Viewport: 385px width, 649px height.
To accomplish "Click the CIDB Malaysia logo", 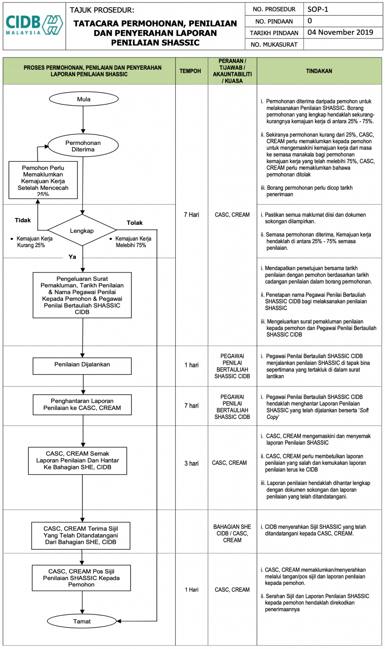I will [34, 26].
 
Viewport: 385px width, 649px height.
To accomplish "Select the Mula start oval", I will [83, 99].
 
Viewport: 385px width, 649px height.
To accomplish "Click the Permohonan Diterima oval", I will [83, 146].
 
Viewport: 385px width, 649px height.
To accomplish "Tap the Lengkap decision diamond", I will [82, 231].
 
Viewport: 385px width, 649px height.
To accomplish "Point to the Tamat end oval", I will [82, 621].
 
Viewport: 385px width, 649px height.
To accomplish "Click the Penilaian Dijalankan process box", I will [82, 365].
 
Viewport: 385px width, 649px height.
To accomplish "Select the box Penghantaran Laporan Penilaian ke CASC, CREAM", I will [82, 404].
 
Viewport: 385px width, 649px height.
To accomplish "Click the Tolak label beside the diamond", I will [134, 223].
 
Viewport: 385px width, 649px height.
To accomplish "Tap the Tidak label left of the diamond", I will [23, 220].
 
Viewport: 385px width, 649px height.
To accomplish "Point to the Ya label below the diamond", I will [72, 257].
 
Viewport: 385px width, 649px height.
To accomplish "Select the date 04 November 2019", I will [340, 33].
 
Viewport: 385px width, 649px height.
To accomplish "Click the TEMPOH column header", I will [190, 71].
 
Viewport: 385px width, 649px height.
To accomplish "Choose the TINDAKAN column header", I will [319, 71].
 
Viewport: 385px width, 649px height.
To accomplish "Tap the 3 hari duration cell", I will [191, 464].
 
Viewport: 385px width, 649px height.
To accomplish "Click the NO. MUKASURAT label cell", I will [274, 44].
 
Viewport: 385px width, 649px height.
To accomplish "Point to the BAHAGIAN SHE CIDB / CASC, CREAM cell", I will [232, 533].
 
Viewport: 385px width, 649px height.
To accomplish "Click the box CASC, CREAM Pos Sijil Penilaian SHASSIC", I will [81, 578].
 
